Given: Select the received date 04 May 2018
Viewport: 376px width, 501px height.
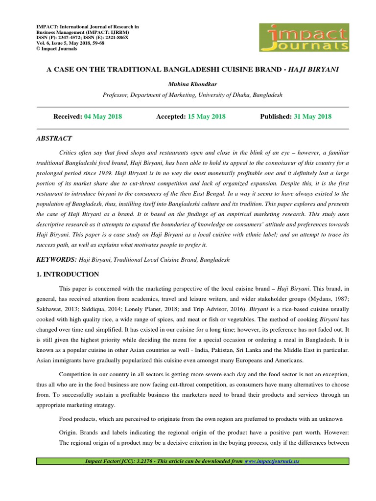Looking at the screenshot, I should [103, 116].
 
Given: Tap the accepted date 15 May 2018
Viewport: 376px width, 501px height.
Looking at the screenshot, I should [207, 116].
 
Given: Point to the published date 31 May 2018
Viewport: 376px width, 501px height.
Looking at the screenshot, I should [312, 116].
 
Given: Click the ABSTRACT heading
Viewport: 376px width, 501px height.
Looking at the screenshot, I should [54, 138].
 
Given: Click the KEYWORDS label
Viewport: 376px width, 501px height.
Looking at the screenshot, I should [56, 259].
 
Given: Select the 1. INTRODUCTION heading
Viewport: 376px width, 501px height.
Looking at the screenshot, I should [68, 274].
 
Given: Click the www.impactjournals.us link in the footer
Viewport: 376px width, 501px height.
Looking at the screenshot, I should [271, 461].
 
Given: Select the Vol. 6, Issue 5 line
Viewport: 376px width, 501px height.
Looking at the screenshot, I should [70, 43].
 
